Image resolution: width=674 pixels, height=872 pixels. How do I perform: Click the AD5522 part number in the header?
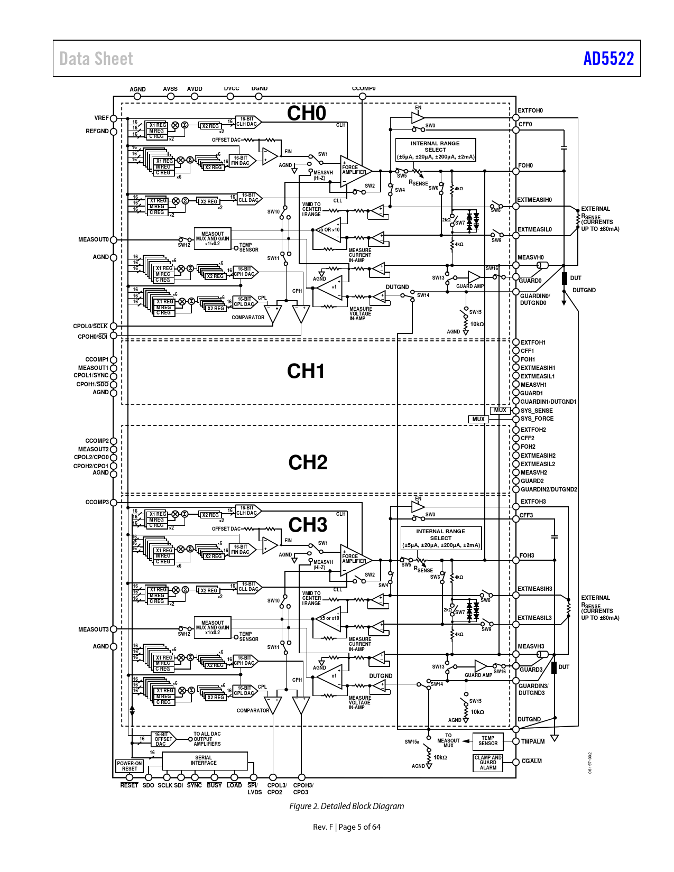tap(608, 58)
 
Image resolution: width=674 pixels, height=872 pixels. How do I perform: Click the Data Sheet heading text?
tap(96, 59)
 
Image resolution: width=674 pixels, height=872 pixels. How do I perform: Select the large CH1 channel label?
tap(306, 371)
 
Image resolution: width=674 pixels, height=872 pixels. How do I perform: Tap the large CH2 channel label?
tap(308, 462)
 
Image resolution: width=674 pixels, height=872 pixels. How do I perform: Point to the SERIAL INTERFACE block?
tap(204, 760)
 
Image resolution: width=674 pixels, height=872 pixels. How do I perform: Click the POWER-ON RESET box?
tap(130, 766)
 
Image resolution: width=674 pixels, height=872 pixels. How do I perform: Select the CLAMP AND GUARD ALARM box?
tap(488, 763)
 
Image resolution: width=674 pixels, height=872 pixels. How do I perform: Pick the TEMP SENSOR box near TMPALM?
tap(488, 741)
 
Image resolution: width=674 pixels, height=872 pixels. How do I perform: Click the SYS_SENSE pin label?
tap(537, 411)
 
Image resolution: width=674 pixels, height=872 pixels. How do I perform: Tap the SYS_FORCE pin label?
tap(537, 419)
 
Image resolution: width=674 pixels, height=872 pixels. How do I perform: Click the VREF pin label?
tap(101, 118)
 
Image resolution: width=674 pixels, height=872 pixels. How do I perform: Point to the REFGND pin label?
tap(97, 131)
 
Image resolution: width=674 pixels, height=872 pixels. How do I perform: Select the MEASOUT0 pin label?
tap(94, 239)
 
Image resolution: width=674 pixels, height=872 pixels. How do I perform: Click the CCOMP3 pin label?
tap(97, 502)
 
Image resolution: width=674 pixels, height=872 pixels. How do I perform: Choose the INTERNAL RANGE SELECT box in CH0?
tap(436, 150)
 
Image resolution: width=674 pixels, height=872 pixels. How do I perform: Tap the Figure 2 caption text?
tap(346, 806)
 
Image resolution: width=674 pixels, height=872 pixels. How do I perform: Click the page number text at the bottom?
tap(346, 827)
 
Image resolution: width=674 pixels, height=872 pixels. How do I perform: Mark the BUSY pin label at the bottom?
tap(215, 785)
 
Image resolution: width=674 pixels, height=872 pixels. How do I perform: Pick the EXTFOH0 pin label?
tap(530, 110)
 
